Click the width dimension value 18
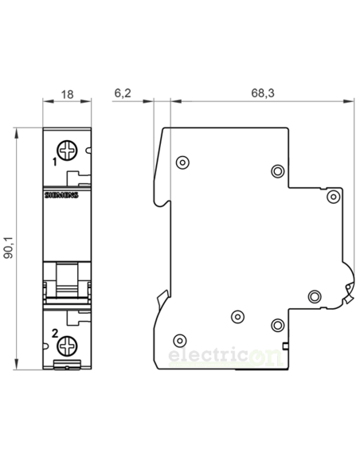(x=67, y=93)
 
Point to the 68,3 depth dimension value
(x=263, y=93)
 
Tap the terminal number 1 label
(x=54, y=161)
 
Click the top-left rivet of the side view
(x=182, y=163)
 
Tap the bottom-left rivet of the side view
(x=178, y=338)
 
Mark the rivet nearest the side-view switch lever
(x=313, y=296)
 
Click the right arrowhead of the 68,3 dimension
(x=351, y=102)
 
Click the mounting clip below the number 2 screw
(x=67, y=367)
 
